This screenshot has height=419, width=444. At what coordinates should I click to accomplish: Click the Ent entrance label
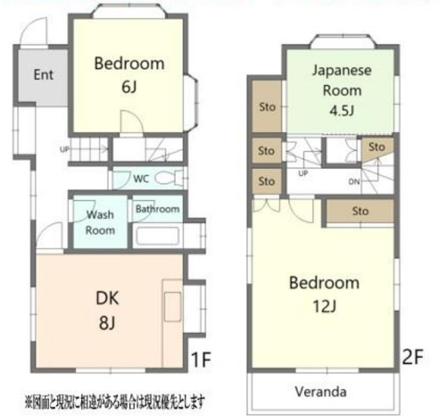tap(42, 75)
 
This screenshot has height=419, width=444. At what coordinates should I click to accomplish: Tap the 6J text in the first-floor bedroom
tap(129, 87)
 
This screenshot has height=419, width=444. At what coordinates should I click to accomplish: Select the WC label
tap(141, 180)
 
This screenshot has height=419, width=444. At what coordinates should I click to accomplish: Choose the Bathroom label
tap(158, 209)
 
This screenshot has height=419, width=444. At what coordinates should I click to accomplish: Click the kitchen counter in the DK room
tap(172, 310)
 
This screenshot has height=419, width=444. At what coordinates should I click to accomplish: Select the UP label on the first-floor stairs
tap(65, 149)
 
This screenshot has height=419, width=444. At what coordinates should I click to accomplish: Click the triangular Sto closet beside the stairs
tap(375, 147)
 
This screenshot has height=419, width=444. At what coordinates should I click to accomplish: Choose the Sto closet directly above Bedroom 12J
tap(360, 212)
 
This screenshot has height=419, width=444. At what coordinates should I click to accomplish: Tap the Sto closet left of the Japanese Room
tap(266, 105)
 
